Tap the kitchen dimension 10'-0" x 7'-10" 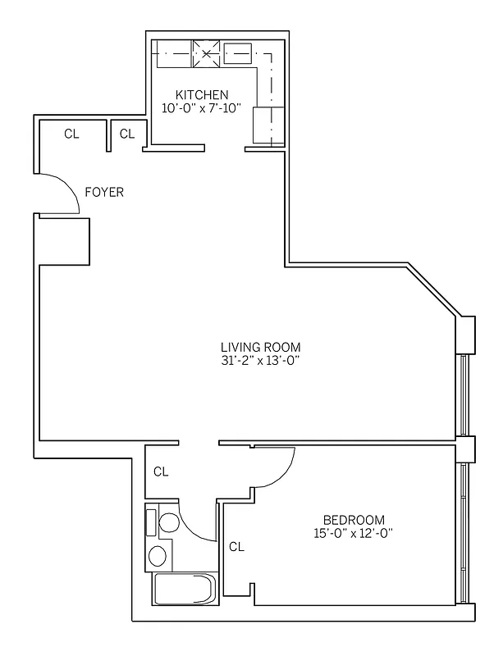coord(202,108)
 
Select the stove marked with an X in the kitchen coord(206,54)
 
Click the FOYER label coord(104,193)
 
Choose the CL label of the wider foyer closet coord(71,134)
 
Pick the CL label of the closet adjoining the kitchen coord(126,134)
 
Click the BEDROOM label coord(354,520)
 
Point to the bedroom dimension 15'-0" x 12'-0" coord(354,534)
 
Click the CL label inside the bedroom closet coord(235,546)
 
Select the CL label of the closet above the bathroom coord(161,471)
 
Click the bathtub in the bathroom coord(184,590)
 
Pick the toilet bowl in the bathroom coord(169,523)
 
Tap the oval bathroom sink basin coord(158,556)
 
